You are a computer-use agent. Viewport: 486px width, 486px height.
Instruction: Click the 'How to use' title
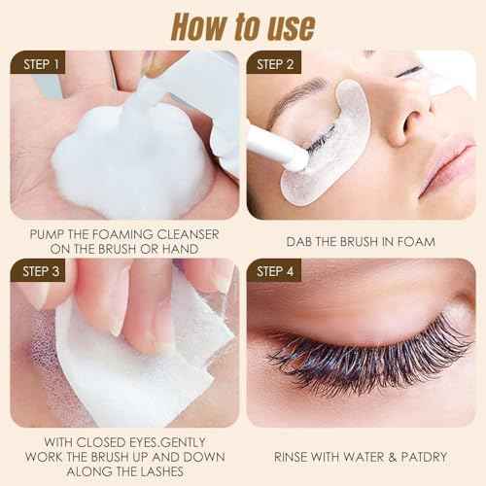(x=243, y=22)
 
